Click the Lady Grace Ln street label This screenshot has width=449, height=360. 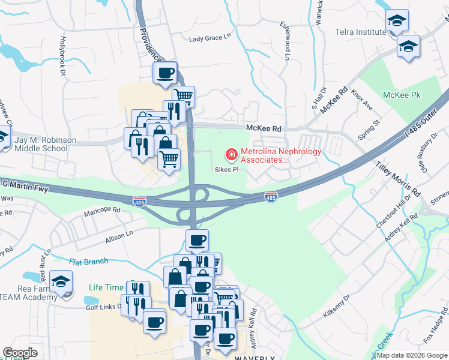(x=210, y=38)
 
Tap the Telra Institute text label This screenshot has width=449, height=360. (x=360, y=32)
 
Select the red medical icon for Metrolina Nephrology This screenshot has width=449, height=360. (x=231, y=155)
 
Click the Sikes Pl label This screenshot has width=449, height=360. (x=227, y=170)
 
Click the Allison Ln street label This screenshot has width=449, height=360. (x=118, y=236)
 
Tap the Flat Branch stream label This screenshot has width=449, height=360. (x=88, y=261)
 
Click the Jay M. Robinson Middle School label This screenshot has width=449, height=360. (x=45, y=144)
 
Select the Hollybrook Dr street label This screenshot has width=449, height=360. (x=61, y=54)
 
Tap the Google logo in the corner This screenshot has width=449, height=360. (x=20, y=353)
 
